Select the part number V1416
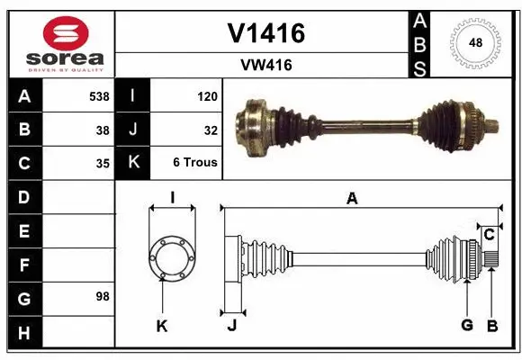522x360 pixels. pyautogui.click(x=265, y=33)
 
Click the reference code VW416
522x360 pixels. pyautogui.click(x=265, y=65)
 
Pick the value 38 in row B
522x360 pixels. pyautogui.click(x=103, y=130)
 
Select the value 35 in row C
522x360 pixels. pyautogui.click(x=103, y=164)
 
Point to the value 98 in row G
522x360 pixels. pyautogui.click(x=103, y=296)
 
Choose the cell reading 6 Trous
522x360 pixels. pyautogui.click(x=195, y=164)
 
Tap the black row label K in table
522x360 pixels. pyautogui.click(x=133, y=164)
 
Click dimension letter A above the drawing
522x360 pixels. pyautogui.click(x=352, y=199)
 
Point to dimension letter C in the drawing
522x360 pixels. pyautogui.click(x=489, y=236)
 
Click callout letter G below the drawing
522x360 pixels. pyautogui.click(x=467, y=325)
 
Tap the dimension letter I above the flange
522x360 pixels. pyautogui.click(x=171, y=197)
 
